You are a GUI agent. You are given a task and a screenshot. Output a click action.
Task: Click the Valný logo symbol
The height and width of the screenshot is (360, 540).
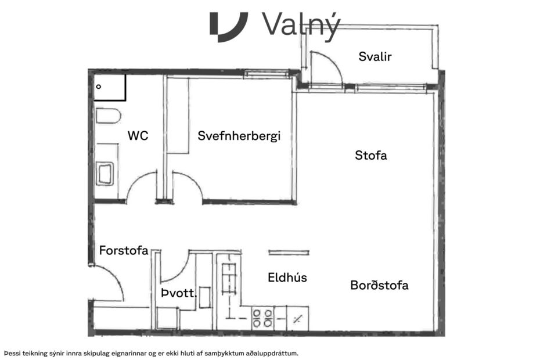228,26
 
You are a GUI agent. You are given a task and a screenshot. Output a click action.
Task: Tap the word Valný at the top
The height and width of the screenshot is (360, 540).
300,25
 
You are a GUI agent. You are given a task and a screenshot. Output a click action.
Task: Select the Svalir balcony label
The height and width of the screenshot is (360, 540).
375,57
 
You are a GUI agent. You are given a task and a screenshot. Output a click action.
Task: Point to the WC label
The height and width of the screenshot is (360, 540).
138,136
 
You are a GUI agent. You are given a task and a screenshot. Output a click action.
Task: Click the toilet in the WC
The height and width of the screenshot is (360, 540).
107,116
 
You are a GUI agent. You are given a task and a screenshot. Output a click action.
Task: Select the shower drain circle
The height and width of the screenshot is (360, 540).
99,87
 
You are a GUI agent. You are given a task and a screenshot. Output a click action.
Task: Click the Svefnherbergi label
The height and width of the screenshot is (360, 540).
239,136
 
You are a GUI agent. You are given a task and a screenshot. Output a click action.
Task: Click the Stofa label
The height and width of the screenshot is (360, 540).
370,156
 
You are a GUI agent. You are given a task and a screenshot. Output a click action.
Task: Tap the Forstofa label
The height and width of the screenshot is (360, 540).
124,251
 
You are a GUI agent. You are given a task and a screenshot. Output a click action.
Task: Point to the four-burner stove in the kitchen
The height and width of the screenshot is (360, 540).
262,318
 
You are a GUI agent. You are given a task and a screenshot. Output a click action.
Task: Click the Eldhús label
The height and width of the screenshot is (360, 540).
287,278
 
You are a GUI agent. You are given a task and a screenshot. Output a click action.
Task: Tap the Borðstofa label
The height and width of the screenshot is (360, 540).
379,286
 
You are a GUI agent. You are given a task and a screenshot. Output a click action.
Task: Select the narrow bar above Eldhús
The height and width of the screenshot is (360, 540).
289,253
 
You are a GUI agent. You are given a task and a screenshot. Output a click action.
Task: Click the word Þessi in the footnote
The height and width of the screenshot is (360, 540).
14,352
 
